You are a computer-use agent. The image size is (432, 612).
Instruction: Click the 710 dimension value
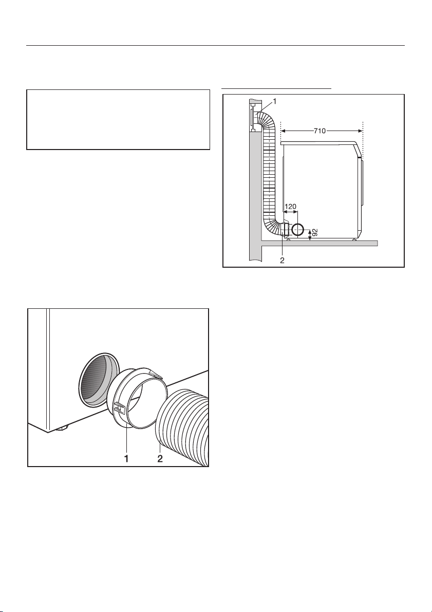tap(323, 131)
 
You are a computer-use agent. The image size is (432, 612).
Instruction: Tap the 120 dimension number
tap(291, 206)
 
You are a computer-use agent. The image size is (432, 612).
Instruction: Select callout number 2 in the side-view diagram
tap(282, 260)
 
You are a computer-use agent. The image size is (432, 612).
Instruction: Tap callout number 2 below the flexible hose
tap(160, 459)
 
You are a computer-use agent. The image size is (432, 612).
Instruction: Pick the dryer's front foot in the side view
tap(354, 239)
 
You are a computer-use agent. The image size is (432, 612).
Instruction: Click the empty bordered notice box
tap(118, 119)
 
